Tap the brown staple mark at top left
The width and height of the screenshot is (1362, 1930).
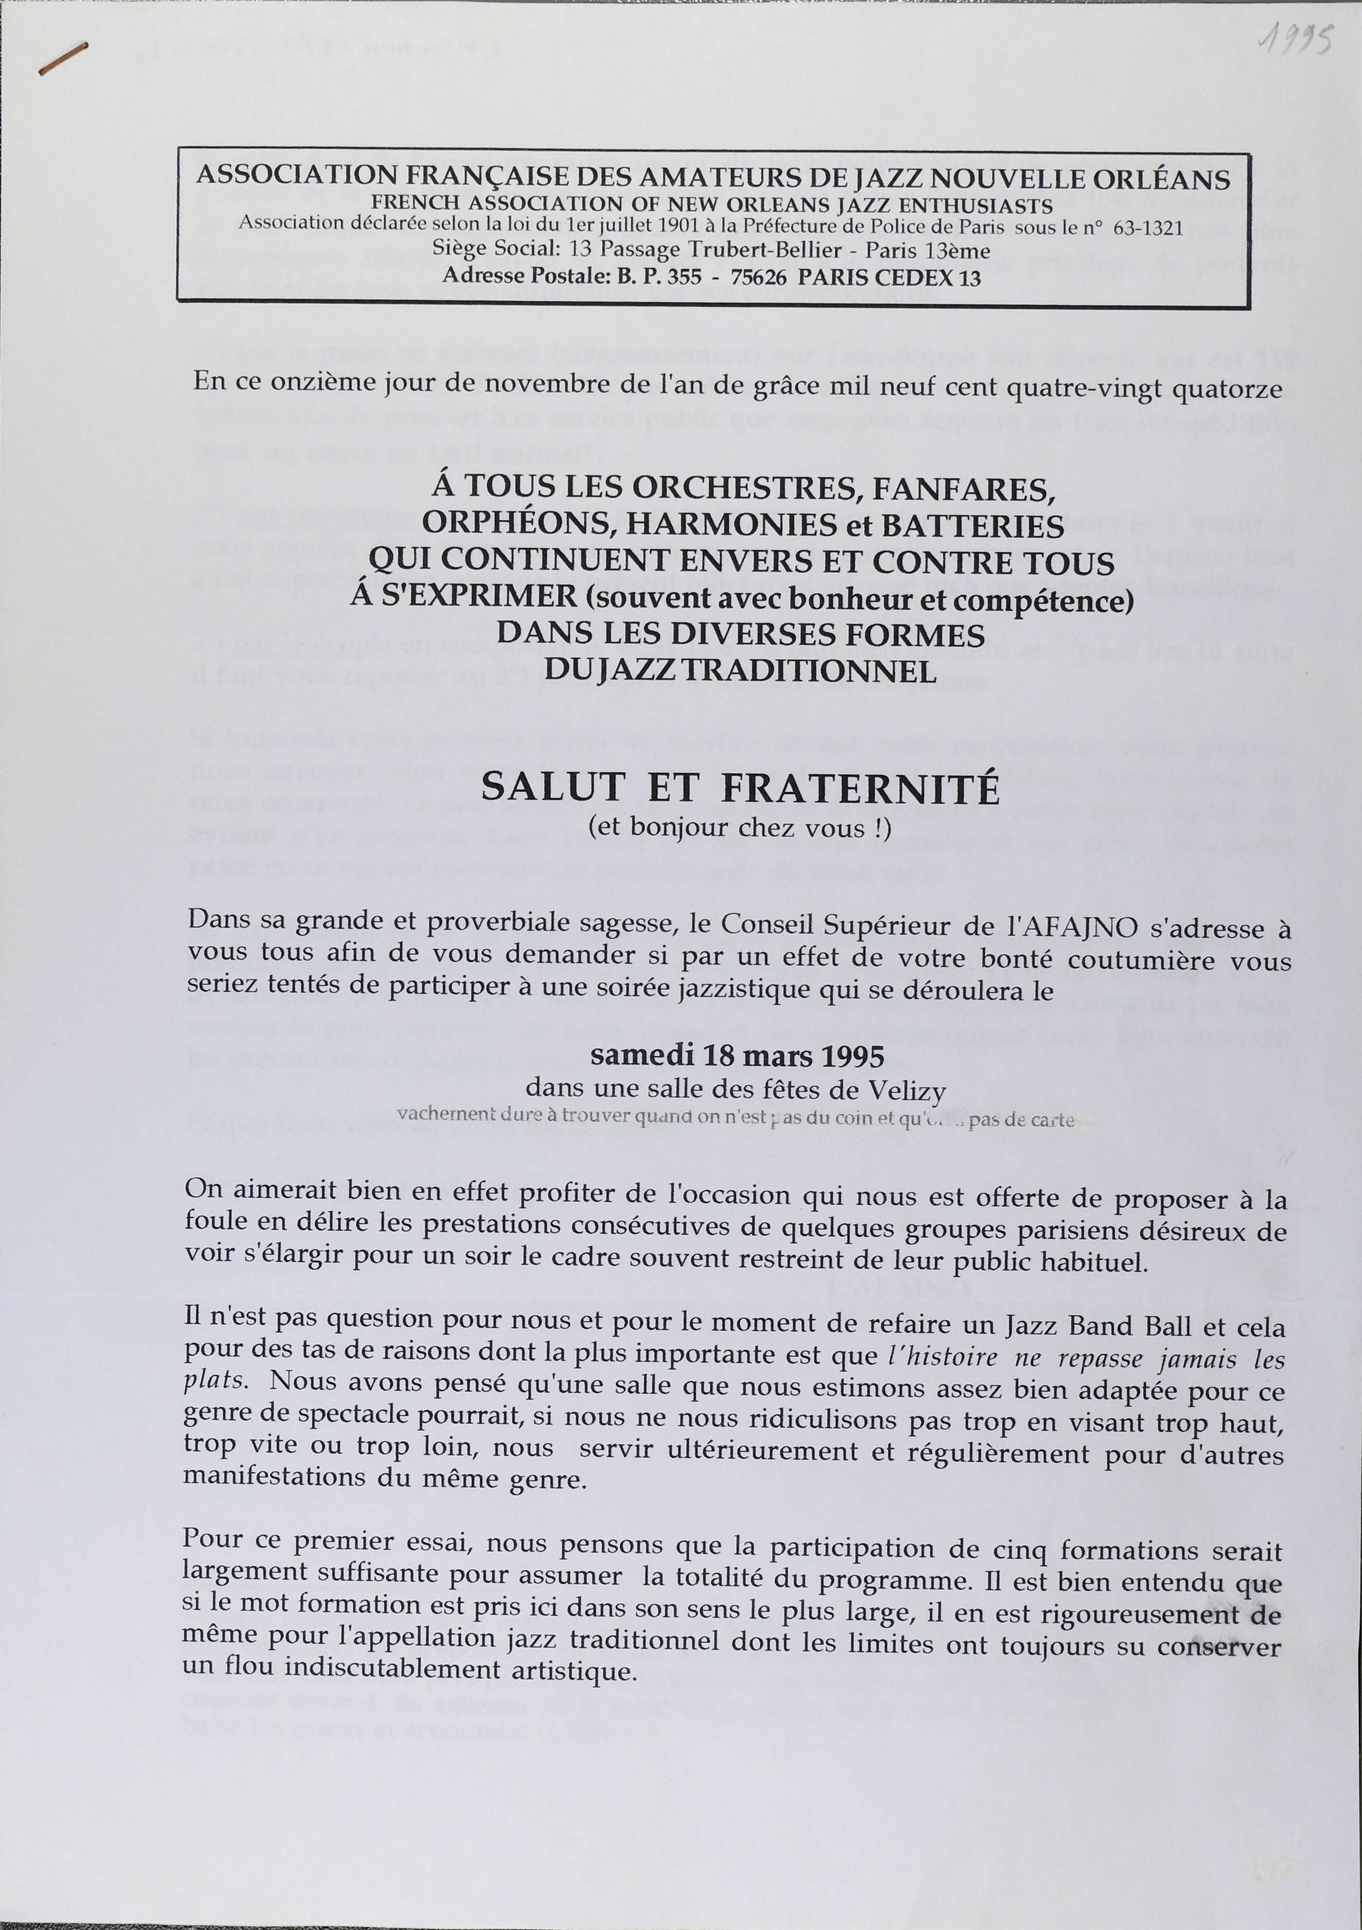(63, 60)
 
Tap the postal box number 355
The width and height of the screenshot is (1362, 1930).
(683, 277)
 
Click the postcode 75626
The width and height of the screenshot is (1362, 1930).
(758, 277)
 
